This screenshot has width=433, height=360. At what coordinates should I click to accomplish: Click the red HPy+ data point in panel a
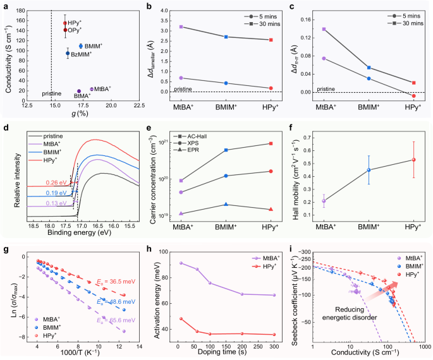[65, 23]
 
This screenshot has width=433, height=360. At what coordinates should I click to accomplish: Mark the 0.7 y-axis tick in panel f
[303, 136]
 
